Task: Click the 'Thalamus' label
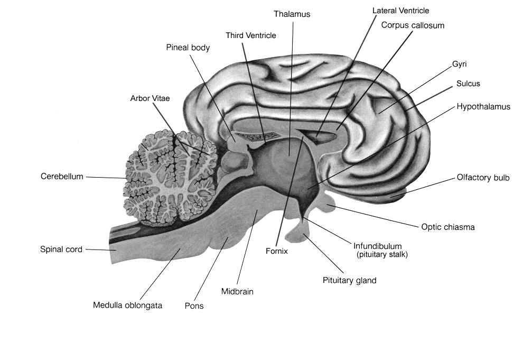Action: pos(292,14)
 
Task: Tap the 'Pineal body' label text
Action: pos(188,48)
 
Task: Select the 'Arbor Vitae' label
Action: pos(150,98)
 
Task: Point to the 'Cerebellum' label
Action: pos(62,177)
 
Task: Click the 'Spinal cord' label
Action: pos(61,249)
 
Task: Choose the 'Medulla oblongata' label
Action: pos(127,305)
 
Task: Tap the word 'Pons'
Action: pos(194,306)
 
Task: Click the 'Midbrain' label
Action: pos(238,291)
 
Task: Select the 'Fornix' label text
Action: pos(277,251)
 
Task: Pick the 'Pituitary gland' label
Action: pos(349,280)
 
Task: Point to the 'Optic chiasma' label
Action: pos(448,227)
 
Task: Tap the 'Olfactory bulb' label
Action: pos(483,178)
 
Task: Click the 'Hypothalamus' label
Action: pos(483,107)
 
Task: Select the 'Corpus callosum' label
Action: pos(413,25)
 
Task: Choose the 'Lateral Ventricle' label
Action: pos(400,10)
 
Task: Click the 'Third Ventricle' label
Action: pos(251,35)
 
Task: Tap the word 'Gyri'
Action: pos(459,64)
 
